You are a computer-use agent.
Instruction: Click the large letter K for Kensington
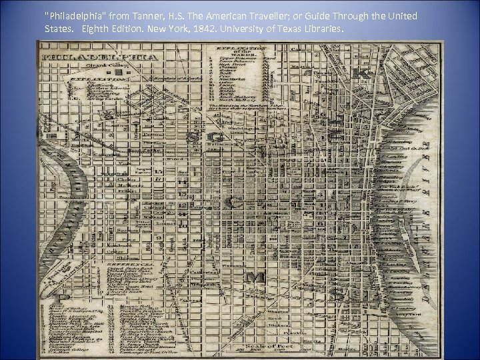click(x=365, y=72)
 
